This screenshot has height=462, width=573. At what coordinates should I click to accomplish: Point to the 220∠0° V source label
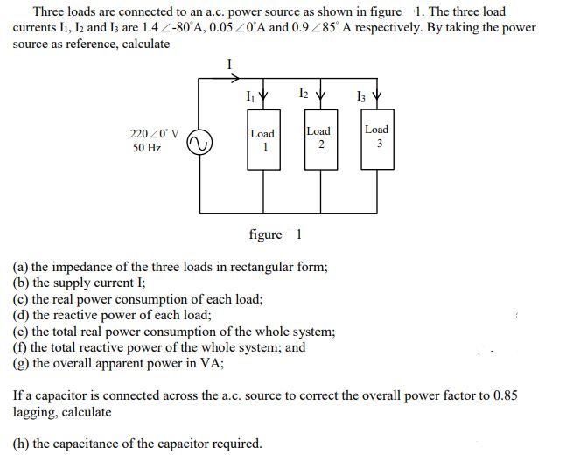[x=154, y=134]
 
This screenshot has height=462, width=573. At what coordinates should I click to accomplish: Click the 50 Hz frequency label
[x=147, y=149]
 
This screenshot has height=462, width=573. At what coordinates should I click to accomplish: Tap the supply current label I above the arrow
[x=229, y=64]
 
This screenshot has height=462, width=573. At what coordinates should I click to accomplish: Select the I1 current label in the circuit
[x=252, y=94]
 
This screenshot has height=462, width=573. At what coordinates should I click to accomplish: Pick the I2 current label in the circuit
[x=303, y=92]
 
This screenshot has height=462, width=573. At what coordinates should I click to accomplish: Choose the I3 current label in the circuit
[x=360, y=94]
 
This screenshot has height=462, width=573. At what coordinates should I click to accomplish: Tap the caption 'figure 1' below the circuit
[x=276, y=234]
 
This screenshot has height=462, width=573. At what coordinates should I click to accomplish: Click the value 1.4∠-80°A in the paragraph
[x=170, y=28]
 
